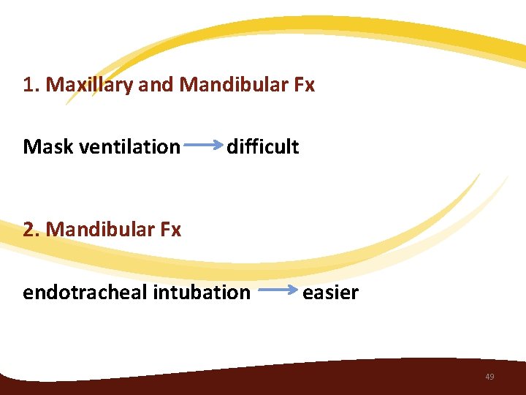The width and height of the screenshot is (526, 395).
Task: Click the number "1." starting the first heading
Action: click(31, 86)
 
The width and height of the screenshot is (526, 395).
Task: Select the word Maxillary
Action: click(90, 86)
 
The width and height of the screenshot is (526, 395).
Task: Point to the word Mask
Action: click(48, 147)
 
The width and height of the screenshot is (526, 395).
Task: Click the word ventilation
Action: click(129, 147)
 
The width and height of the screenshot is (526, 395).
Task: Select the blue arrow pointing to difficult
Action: click(204, 146)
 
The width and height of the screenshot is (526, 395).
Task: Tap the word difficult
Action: click(262, 147)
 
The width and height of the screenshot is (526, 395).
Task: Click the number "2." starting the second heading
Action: click(31, 230)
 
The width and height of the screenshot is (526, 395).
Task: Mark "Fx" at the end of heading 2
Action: click(169, 230)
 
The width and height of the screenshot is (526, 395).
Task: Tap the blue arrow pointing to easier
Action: click(278, 291)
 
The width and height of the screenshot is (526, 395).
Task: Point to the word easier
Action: click(330, 293)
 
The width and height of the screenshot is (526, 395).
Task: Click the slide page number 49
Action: click(489, 377)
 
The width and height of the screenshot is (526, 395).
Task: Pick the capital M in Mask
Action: click(31, 147)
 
